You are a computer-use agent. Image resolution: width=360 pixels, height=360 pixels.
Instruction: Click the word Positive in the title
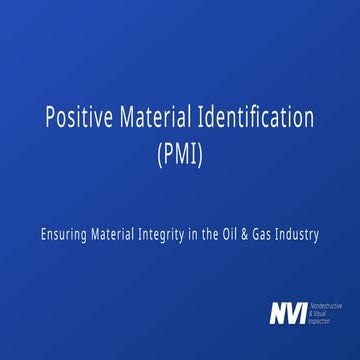(x=77, y=117)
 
